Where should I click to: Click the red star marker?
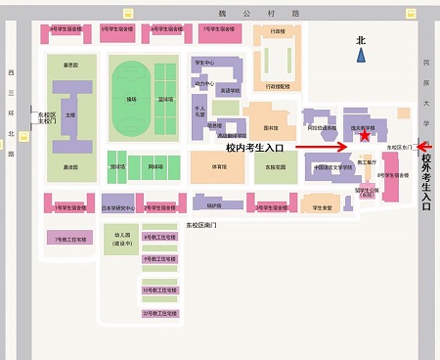click(x=365, y=136)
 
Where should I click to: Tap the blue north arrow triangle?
click(x=362, y=57)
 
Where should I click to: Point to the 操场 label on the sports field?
click(x=131, y=100)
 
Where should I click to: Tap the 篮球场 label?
click(x=169, y=100)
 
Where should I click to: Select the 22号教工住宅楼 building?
click(x=157, y=313)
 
